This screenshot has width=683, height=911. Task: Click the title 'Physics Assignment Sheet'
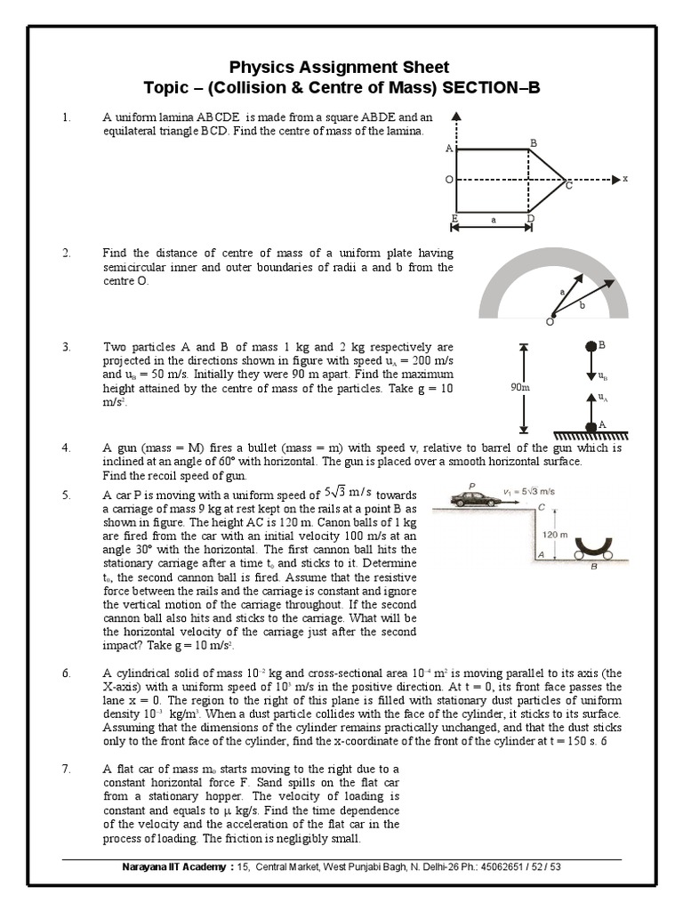(x=340, y=67)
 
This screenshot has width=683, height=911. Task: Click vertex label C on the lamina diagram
(x=569, y=187)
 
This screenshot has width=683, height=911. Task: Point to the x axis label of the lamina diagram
(x=625, y=179)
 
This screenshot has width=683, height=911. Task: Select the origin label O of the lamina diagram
(x=449, y=180)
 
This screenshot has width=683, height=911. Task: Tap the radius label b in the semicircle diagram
(x=583, y=305)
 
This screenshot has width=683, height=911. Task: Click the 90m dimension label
(x=520, y=389)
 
